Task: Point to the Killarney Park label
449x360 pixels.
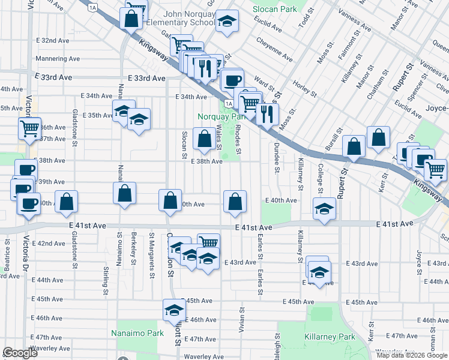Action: [330, 337]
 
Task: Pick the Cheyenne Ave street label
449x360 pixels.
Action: [274, 50]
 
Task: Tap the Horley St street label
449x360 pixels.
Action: [306, 89]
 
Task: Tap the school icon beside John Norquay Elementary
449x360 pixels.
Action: [226, 21]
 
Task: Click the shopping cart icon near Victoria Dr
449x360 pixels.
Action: [29, 127]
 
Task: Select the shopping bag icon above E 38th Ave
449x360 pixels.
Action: [204, 139]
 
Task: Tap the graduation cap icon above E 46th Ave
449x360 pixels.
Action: [174, 310]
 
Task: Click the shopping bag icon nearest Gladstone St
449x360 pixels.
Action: [66, 202]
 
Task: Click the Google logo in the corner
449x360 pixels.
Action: [20, 353]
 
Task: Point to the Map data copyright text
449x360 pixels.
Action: [412, 355]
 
